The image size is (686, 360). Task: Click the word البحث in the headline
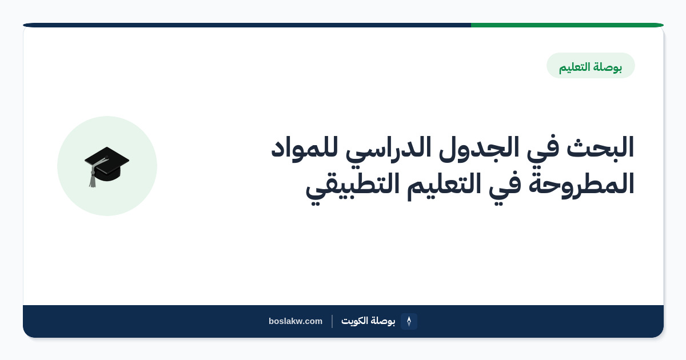(x=600, y=147)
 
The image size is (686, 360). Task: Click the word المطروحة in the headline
(x=581, y=184)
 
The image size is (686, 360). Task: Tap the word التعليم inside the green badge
(x=575, y=67)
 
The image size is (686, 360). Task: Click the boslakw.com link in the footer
(x=296, y=321)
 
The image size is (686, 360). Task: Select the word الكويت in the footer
(x=354, y=321)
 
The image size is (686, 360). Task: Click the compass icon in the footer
(x=409, y=321)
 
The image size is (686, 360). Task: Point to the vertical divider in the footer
(x=332, y=321)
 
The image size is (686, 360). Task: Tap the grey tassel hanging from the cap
(x=93, y=178)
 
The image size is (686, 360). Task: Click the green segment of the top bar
(x=567, y=25)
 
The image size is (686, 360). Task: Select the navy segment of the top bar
(x=247, y=25)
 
